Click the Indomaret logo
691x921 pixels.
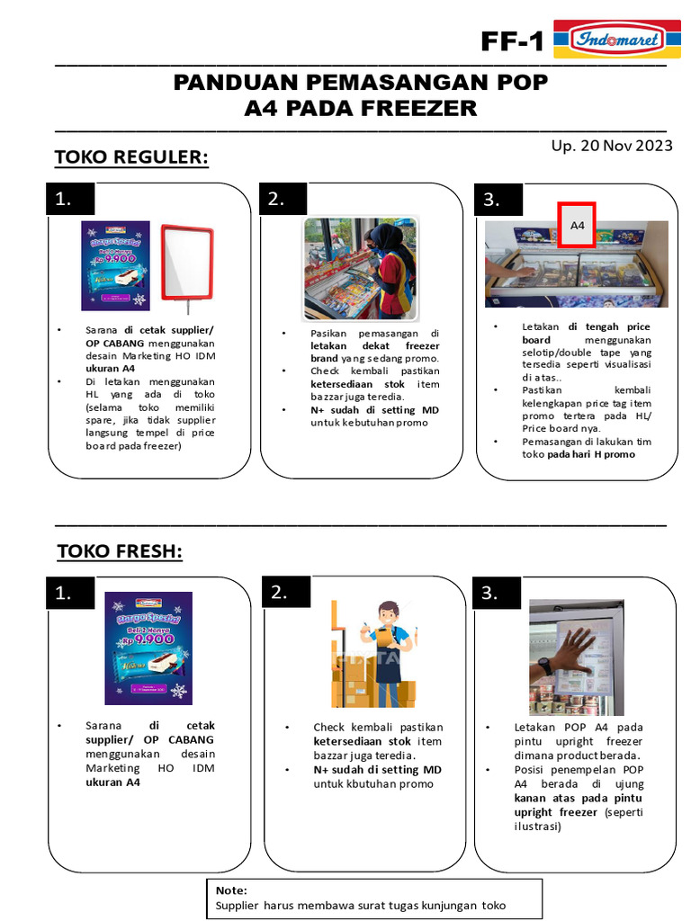[x=609, y=40]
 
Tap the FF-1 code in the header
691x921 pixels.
[x=513, y=41]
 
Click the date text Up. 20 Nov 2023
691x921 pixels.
[x=612, y=146]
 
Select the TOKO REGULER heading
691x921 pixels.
[x=131, y=157]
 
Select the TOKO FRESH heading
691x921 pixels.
[x=120, y=550]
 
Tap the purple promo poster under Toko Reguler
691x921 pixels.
[x=115, y=265]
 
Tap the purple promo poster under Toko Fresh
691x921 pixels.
[x=148, y=647]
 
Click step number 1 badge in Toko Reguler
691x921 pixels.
[x=72, y=199]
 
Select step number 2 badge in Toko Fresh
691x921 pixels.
[x=287, y=591]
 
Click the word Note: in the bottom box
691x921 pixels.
[x=231, y=890]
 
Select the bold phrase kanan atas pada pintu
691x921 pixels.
[x=579, y=798]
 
